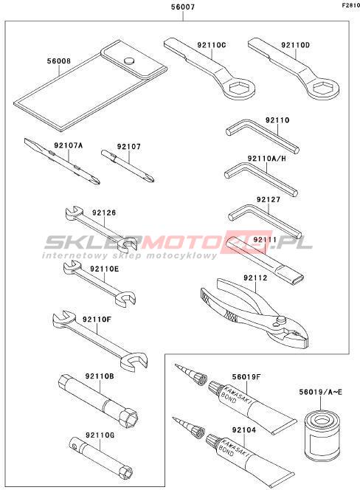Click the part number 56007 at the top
(x=183, y=7)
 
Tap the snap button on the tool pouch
(x=129, y=61)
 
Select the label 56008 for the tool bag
(x=59, y=61)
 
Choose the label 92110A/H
(x=266, y=159)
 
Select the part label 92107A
(x=69, y=145)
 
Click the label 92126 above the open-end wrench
(x=104, y=213)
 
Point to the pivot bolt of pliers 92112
(x=281, y=320)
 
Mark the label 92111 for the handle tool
(x=265, y=240)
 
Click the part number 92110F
(x=97, y=320)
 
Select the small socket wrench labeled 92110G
(x=100, y=462)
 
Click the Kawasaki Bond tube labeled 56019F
(x=252, y=406)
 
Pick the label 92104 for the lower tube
(x=244, y=430)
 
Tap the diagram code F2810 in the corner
(x=350, y=5)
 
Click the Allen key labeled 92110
(x=262, y=137)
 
